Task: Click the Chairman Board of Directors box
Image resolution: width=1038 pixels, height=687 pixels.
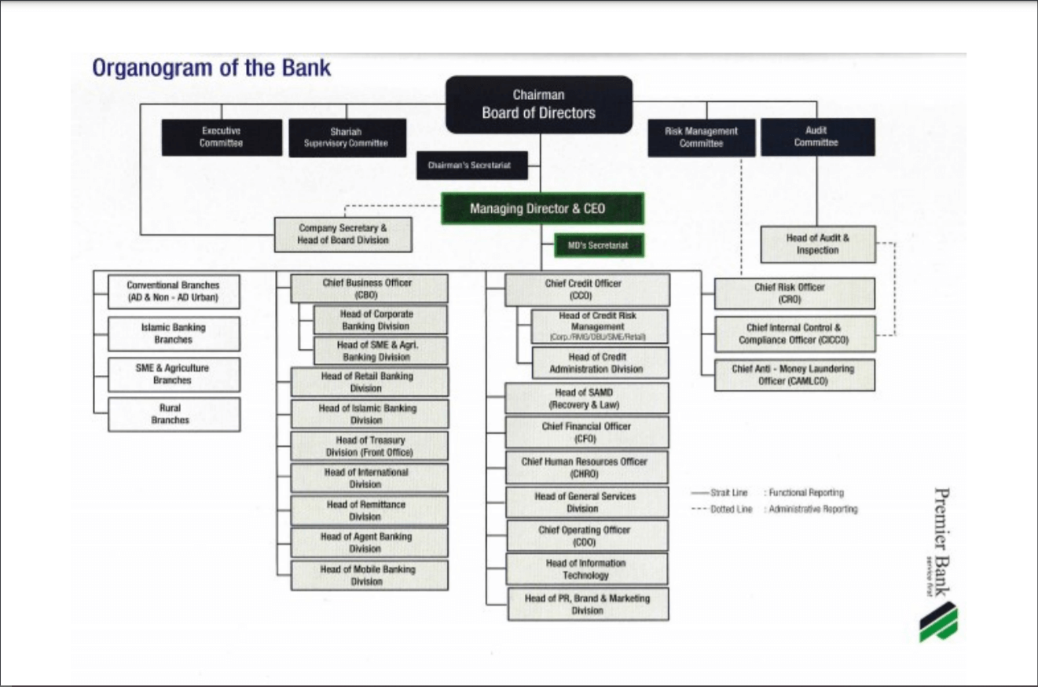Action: (539, 105)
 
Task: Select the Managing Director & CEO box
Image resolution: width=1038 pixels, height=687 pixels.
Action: (542, 208)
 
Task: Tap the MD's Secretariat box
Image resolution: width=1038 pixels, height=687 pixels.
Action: (599, 245)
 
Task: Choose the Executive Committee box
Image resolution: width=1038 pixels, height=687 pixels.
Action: (222, 137)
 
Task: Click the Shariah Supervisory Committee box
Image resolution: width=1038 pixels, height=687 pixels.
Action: (347, 138)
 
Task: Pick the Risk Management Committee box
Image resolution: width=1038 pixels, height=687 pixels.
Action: (701, 137)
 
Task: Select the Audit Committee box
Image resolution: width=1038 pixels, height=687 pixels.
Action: (816, 137)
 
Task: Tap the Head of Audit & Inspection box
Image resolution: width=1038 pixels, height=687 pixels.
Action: (817, 244)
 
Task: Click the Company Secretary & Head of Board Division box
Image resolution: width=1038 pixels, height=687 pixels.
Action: (343, 234)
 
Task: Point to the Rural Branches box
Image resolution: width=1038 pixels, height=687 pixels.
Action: (174, 414)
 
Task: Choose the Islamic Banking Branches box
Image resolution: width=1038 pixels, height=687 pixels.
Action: (174, 334)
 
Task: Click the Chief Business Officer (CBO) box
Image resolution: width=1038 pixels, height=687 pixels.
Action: (368, 288)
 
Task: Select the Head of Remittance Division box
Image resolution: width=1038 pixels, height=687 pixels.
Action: (369, 510)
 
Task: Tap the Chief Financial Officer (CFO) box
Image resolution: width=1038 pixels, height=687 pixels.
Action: (586, 432)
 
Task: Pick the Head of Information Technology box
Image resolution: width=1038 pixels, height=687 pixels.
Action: (586, 569)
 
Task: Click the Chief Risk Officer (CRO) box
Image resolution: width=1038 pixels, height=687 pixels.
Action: (794, 293)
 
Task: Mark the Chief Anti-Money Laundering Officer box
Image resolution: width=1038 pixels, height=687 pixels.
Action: (794, 375)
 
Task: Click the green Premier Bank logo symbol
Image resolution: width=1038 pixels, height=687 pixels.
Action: (938, 622)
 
